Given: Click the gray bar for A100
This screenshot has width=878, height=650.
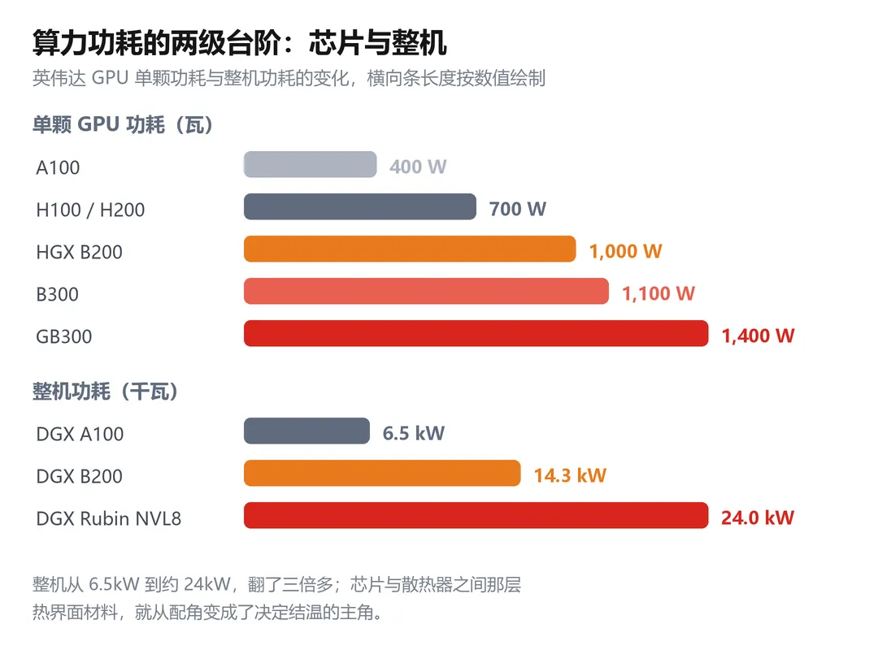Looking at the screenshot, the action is coord(311,165).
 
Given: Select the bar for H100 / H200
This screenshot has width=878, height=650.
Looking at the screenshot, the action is coord(360,206).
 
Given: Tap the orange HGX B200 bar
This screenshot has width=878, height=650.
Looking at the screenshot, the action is coord(410,249).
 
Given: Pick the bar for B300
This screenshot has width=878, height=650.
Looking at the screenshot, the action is coord(426,291).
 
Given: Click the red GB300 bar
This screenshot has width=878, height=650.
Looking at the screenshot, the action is coord(476,334).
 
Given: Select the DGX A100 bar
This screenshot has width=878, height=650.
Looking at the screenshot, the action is coord(306,431).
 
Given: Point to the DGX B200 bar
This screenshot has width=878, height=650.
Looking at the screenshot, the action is coord(382,473).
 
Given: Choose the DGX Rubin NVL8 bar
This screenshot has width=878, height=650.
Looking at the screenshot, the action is coord(476,516).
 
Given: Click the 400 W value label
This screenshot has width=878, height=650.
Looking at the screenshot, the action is coord(418,167).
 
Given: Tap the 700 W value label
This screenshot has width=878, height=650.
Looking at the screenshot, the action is coord(517,209).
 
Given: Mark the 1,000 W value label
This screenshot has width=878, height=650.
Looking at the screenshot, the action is coord(625,251).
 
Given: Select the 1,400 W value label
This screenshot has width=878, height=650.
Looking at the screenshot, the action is coord(758,336).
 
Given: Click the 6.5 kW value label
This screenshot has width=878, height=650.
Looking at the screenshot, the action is coord(413,433).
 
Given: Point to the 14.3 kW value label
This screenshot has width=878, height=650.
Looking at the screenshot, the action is coord(570,475).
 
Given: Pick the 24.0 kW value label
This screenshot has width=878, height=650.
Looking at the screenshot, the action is coord(758,518).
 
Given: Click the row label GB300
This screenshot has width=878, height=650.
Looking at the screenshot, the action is coord(64,336).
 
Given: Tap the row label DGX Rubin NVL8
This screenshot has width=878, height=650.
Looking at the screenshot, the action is coord(109,518).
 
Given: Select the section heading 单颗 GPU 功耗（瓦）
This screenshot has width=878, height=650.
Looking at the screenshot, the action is coord(124,124).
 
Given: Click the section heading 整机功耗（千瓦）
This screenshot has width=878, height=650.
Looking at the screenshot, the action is coord(106,392).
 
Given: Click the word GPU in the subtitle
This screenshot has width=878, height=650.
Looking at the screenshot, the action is coord(110,78).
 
